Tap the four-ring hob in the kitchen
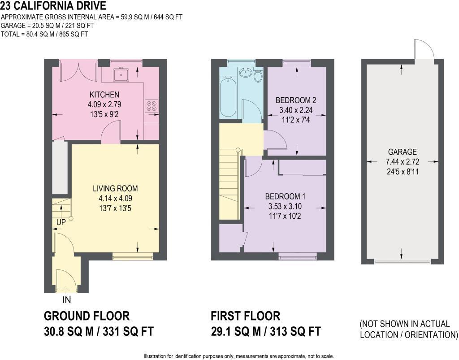click(x=152, y=105)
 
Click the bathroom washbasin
click(x=245, y=73)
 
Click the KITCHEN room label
click(x=104, y=95)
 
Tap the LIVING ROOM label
click(x=115, y=188)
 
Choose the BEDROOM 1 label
click(x=285, y=196)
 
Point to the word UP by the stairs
click(x=61, y=222)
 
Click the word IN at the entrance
click(x=66, y=300)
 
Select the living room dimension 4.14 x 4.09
click(x=115, y=198)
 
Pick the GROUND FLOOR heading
click(x=87, y=316)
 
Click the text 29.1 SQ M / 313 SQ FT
click(x=265, y=332)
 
